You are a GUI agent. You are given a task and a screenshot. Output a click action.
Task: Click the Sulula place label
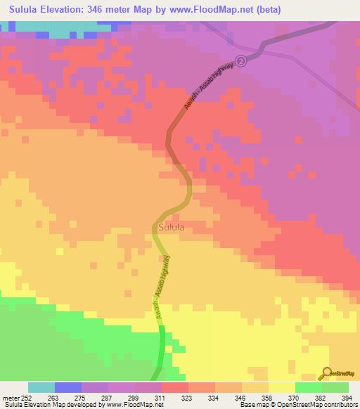coord(171,228)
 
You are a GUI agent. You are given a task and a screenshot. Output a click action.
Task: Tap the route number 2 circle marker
coord(242,62)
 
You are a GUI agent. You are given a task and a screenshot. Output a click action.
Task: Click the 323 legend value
coord(188,397)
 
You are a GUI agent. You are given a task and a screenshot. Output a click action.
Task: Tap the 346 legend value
coord(241,397)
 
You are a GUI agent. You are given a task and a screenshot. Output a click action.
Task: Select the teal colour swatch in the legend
coord(41,387)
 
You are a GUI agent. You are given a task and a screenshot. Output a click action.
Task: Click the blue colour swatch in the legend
coord(67,387)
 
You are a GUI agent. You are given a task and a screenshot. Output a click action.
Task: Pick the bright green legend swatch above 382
coord(308,387)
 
